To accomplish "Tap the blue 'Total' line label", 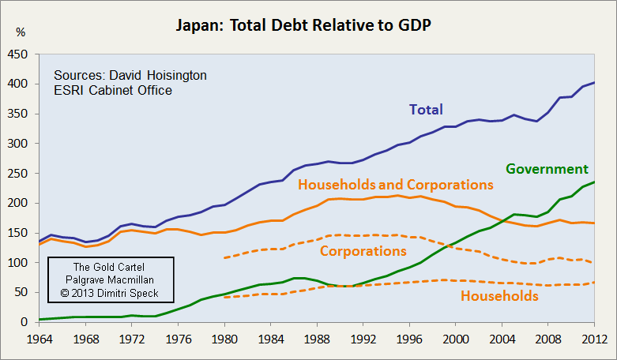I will click(x=426, y=110).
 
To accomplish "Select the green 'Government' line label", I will click(x=547, y=169).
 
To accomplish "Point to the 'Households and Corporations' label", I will click(x=395, y=185).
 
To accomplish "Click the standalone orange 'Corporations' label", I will click(x=363, y=251).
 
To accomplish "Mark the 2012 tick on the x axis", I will click(x=593, y=339).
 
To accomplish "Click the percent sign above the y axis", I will click(x=21, y=32).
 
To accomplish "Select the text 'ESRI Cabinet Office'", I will click(x=112, y=91).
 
